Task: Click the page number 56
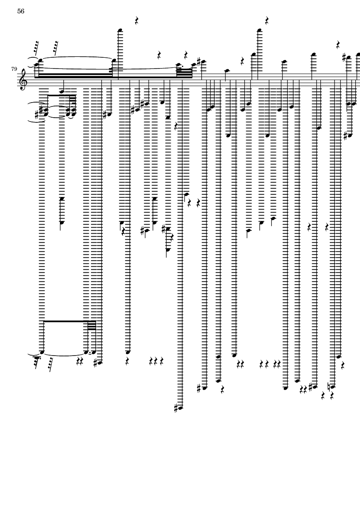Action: point(21,12)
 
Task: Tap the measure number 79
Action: point(14,69)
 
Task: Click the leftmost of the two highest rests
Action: point(137,21)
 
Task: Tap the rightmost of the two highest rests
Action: point(267,21)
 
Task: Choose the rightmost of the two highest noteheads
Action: point(259,30)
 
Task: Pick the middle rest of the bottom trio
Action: point(156,360)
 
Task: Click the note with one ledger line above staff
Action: point(226,71)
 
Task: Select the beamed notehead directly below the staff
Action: point(62,91)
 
